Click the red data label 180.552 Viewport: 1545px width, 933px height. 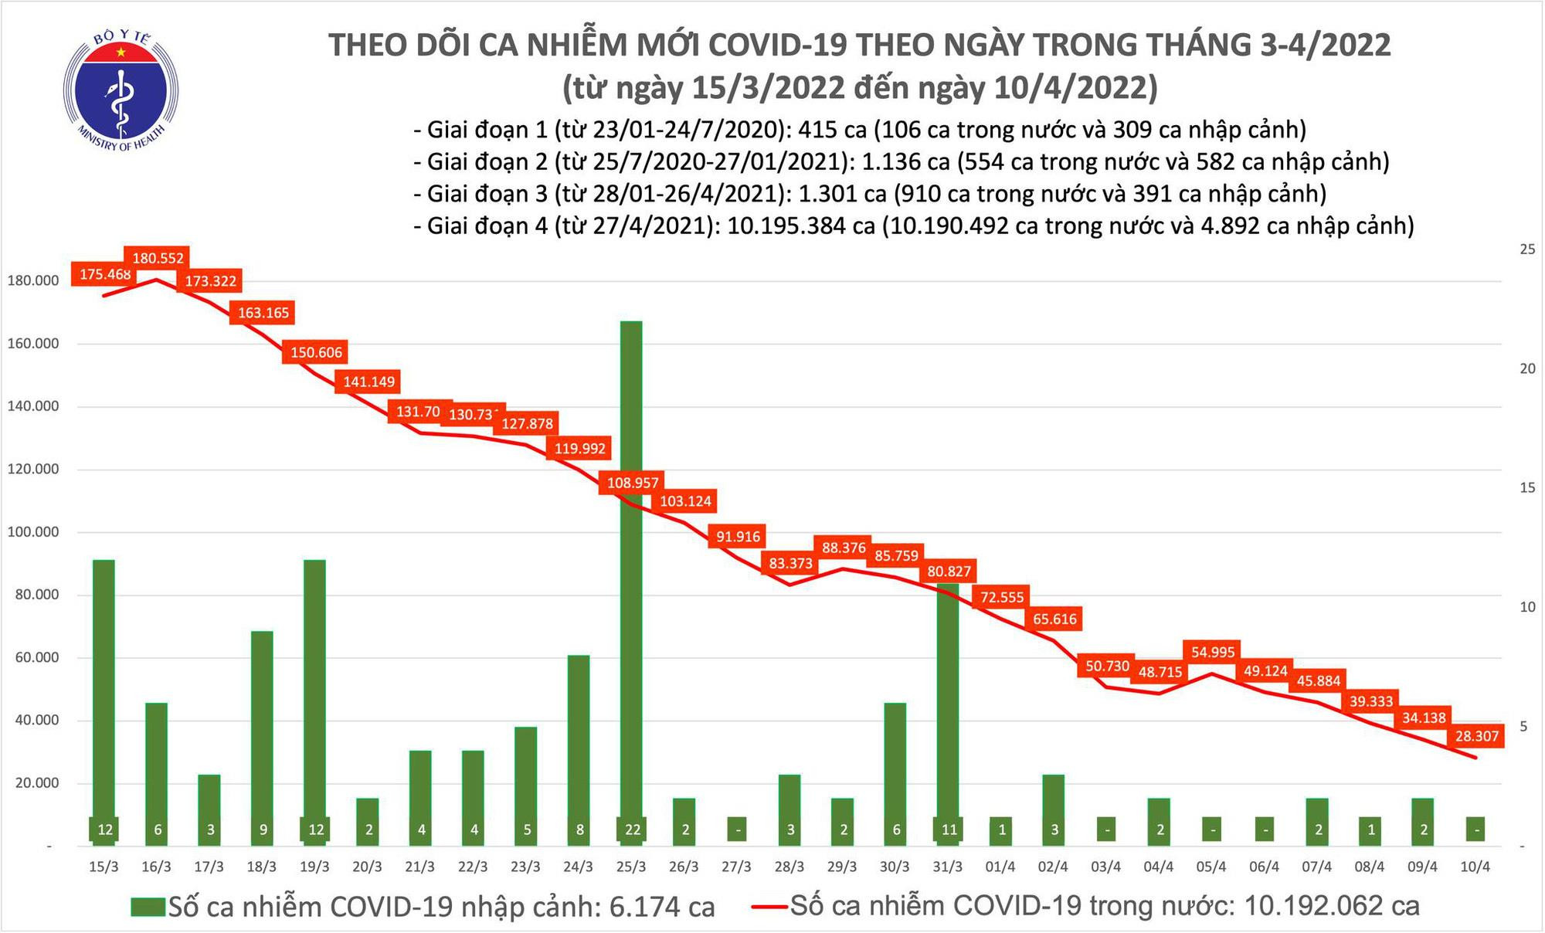click(158, 258)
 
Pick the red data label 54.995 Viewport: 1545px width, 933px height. click(1212, 652)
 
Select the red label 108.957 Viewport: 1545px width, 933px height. click(633, 483)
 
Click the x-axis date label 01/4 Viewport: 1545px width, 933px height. click(1000, 867)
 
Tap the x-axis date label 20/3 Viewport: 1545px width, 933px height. click(367, 867)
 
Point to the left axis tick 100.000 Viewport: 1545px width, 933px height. click(33, 532)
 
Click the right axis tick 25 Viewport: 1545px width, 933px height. click(1526, 249)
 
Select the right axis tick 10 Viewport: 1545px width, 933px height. click(1526, 607)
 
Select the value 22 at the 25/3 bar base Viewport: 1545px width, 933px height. click(632, 830)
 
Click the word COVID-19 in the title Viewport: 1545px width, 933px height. click(781, 45)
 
